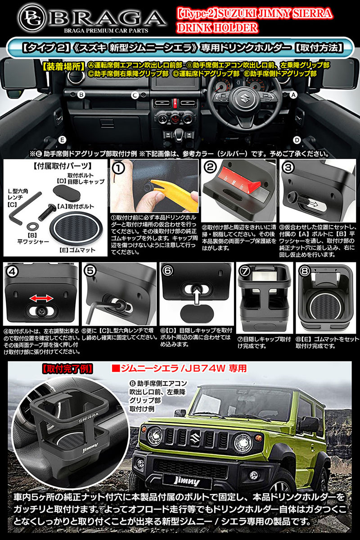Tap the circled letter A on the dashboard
pyautogui.click(x=294, y=95)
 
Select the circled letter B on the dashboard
pyautogui.click(x=81, y=95)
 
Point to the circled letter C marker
pyautogui.click(x=134, y=95)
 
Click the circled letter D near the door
pyautogui.click(x=297, y=139)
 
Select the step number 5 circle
pyautogui.click(x=90, y=271)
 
